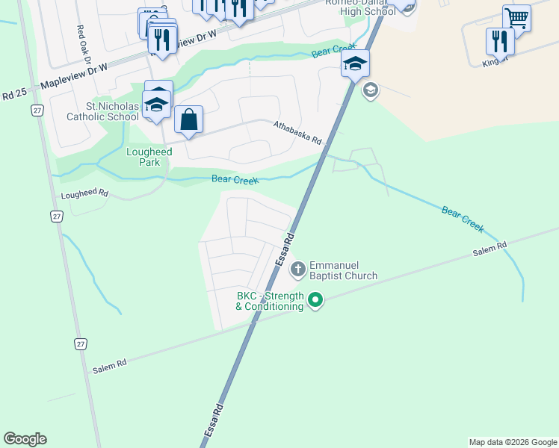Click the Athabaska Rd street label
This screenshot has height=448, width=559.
pyautogui.click(x=297, y=132)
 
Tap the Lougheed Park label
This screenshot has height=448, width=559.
pyautogui.click(x=149, y=157)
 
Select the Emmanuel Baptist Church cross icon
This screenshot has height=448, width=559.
pyautogui.click(x=297, y=269)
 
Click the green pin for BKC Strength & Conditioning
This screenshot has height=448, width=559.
pyautogui.click(x=315, y=301)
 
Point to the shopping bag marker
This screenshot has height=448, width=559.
pyautogui.click(x=188, y=119)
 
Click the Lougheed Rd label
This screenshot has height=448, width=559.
pyautogui.click(x=84, y=194)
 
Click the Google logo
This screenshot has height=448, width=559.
pyautogui.click(x=25, y=439)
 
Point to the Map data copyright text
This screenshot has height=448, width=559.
pyautogui.click(x=512, y=442)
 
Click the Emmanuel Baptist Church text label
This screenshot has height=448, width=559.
pyautogui.click(x=343, y=270)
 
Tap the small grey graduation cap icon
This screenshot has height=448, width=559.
pyautogui.click(x=370, y=91)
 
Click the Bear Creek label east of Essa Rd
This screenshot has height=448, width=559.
pyautogui.click(x=463, y=218)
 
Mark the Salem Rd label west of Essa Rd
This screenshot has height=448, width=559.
pyautogui.click(x=110, y=365)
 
